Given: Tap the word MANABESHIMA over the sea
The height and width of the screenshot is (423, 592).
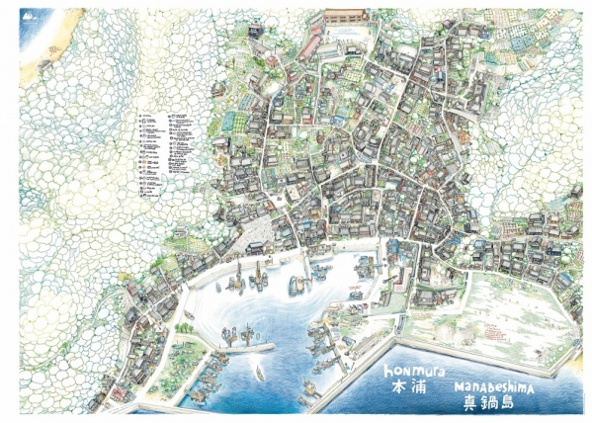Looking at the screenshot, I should [494, 388].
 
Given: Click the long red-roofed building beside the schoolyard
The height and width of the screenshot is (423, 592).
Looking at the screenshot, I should [310, 44].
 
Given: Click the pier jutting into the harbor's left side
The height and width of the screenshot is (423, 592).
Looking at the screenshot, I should [248, 347].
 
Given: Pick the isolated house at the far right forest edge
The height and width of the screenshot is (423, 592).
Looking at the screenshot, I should [569, 282].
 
